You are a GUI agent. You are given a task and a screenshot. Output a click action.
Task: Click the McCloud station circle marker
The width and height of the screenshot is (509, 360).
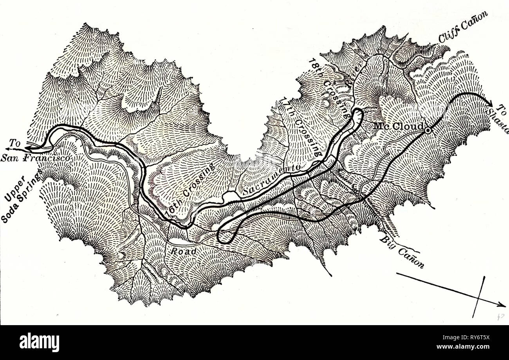tap(428, 130)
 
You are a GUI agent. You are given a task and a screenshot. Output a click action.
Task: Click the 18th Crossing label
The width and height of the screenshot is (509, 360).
tap(329, 89)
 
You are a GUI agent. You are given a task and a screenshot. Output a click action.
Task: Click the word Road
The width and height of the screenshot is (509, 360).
tap(183, 251)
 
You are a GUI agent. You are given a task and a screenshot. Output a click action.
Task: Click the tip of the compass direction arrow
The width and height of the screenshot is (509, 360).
tap(502, 304)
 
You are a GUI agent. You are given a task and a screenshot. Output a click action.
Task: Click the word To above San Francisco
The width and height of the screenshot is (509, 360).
tap(15, 144)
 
